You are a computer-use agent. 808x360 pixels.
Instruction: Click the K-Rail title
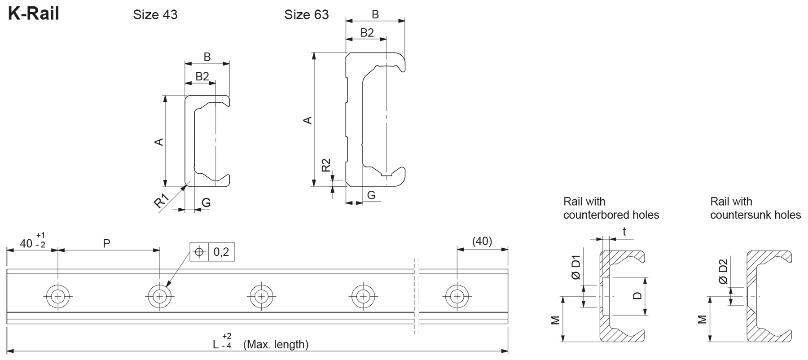click(34, 14)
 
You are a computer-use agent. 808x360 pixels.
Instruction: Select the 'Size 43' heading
click(155, 15)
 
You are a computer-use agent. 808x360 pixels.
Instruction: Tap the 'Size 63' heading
click(306, 15)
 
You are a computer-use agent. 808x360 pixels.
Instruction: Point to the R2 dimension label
click(326, 165)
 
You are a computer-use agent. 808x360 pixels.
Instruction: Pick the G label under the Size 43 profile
click(206, 202)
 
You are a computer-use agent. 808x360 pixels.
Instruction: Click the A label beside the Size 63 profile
click(308, 120)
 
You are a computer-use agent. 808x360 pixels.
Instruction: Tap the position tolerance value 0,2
click(221, 252)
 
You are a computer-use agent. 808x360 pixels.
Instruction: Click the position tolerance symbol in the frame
click(199, 252)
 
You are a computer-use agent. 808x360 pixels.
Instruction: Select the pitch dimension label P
click(106, 244)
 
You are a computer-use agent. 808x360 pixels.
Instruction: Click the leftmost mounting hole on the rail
click(58, 296)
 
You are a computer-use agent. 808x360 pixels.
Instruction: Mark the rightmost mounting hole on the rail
click(457, 296)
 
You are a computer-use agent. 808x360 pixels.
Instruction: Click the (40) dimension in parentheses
click(482, 241)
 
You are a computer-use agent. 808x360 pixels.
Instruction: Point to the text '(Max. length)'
click(276, 345)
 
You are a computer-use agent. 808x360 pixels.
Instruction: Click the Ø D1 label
click(576, 268)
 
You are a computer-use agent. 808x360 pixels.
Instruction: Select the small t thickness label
click(624, 232)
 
